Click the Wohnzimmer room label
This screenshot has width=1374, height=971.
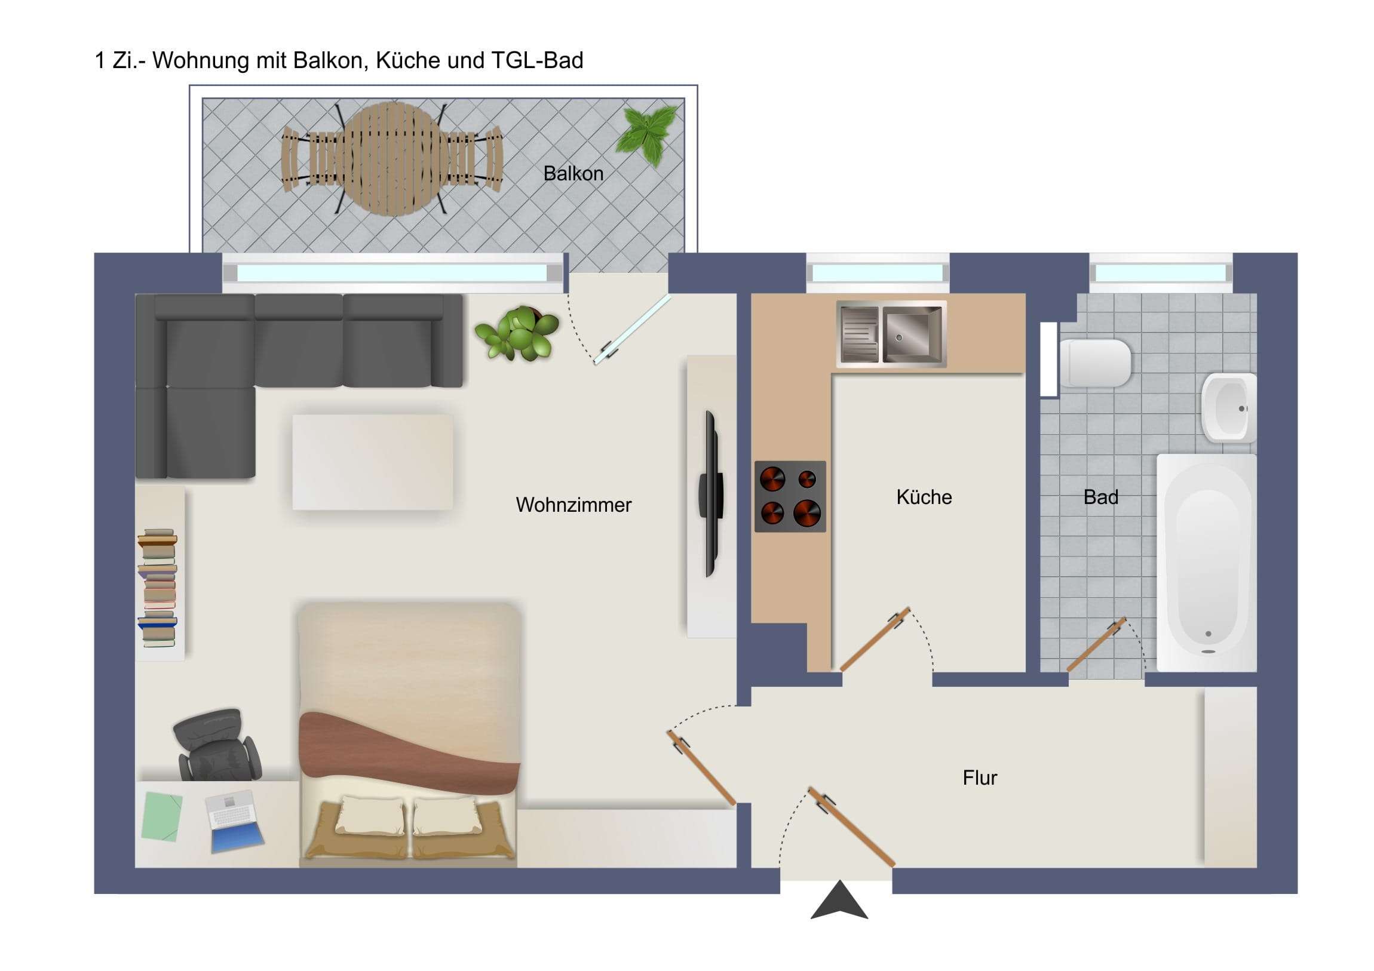tap(573, 505)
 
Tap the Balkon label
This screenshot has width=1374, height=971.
tap(573, 174)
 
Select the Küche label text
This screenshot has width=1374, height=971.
tap(924, 497)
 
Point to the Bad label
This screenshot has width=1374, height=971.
tap(1100, 497)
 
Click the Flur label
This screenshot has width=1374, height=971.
tap(980, 777)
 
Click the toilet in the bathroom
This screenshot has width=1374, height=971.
tap(1094, 362)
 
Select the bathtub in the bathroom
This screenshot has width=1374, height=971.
tap(1207, 563)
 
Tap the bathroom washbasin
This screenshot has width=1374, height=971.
tap(1228, 407)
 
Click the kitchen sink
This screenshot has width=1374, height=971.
tap(891, 334)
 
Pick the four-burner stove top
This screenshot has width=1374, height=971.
tap(790, 496)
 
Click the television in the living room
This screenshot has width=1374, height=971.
tap(711, 494)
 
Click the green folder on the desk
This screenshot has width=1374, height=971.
tap(162, 816)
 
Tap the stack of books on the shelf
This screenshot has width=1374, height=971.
tap(158, 588)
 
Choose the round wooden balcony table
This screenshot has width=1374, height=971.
tap(392, 158)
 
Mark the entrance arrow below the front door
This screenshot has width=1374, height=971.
tap(839, 901)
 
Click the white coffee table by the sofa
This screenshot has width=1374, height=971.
tap(372, 462)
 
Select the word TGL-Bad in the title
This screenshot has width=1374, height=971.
tap(537, 60)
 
